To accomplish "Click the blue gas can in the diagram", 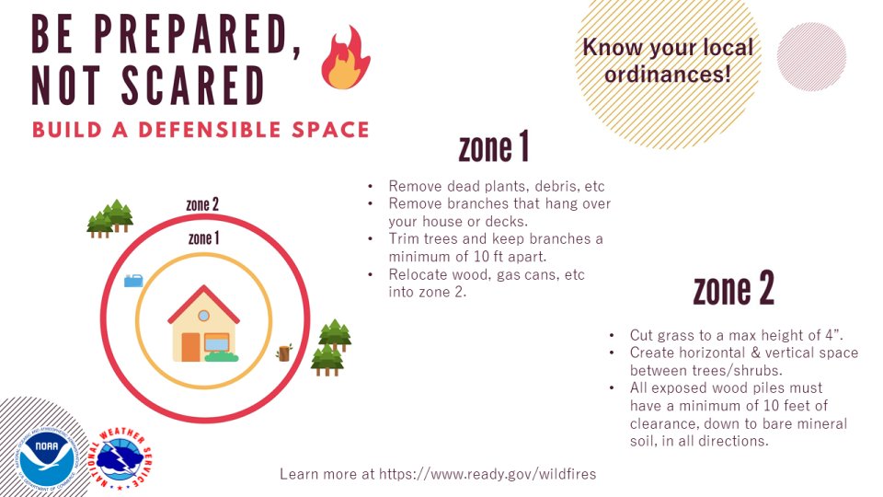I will pos(133,280).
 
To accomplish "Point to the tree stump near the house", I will pos(284,353).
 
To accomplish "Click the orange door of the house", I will pos(190,347).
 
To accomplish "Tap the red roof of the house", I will pos(203,304).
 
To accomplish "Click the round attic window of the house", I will pos(203,316).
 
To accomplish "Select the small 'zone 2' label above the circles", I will pos(202,205).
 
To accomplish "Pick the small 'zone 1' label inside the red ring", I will pos(203,238).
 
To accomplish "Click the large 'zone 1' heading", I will pos(494,147).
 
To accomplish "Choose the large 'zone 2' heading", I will pos(733,290).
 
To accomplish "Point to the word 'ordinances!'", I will pos(668,75).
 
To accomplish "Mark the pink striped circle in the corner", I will pos(811,56).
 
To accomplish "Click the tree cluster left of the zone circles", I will pos(110,219).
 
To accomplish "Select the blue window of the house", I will pos(217,342).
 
